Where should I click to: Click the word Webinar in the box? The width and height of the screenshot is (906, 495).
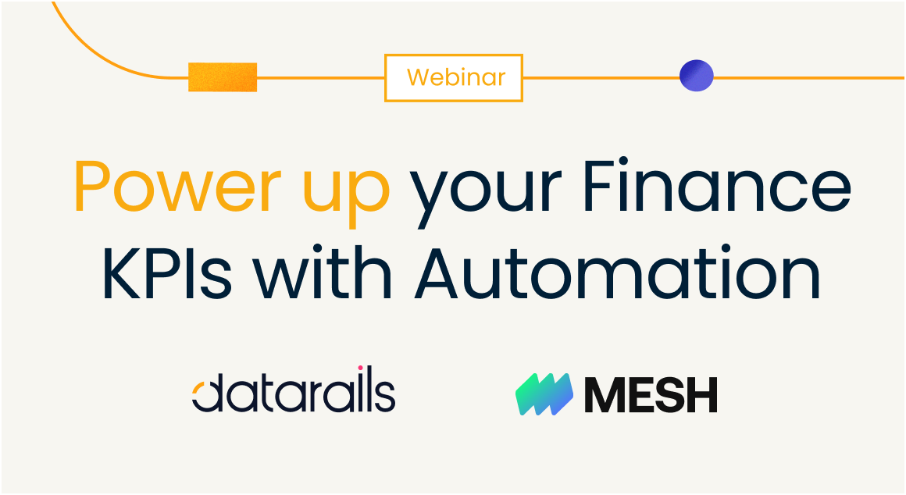click(x=456, y=77)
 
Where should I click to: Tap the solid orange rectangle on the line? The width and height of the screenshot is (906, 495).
click(x=223, y=77)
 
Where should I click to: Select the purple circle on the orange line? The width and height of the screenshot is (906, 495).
click(x=696, y=76)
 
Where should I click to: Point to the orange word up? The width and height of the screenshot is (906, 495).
click(x=346, y=193)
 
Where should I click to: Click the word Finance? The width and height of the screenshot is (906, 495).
click(x=717, y=186)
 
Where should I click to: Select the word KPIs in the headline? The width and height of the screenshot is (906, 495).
click(x=167, y=272)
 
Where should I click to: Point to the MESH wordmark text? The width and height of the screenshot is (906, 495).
click(x=651, y=394)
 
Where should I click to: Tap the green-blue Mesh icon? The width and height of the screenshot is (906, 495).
click(x=544, y=394)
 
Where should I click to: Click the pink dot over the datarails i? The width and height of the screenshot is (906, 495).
click(x=360, y=368)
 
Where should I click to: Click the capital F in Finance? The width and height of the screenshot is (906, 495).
click(x=601, y=187)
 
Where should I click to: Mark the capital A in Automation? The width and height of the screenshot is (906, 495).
click(x=441, y=272)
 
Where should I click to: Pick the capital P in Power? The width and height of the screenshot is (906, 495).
click(x=95, y=187)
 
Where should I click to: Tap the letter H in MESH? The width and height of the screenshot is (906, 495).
click(x=701, y=394)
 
